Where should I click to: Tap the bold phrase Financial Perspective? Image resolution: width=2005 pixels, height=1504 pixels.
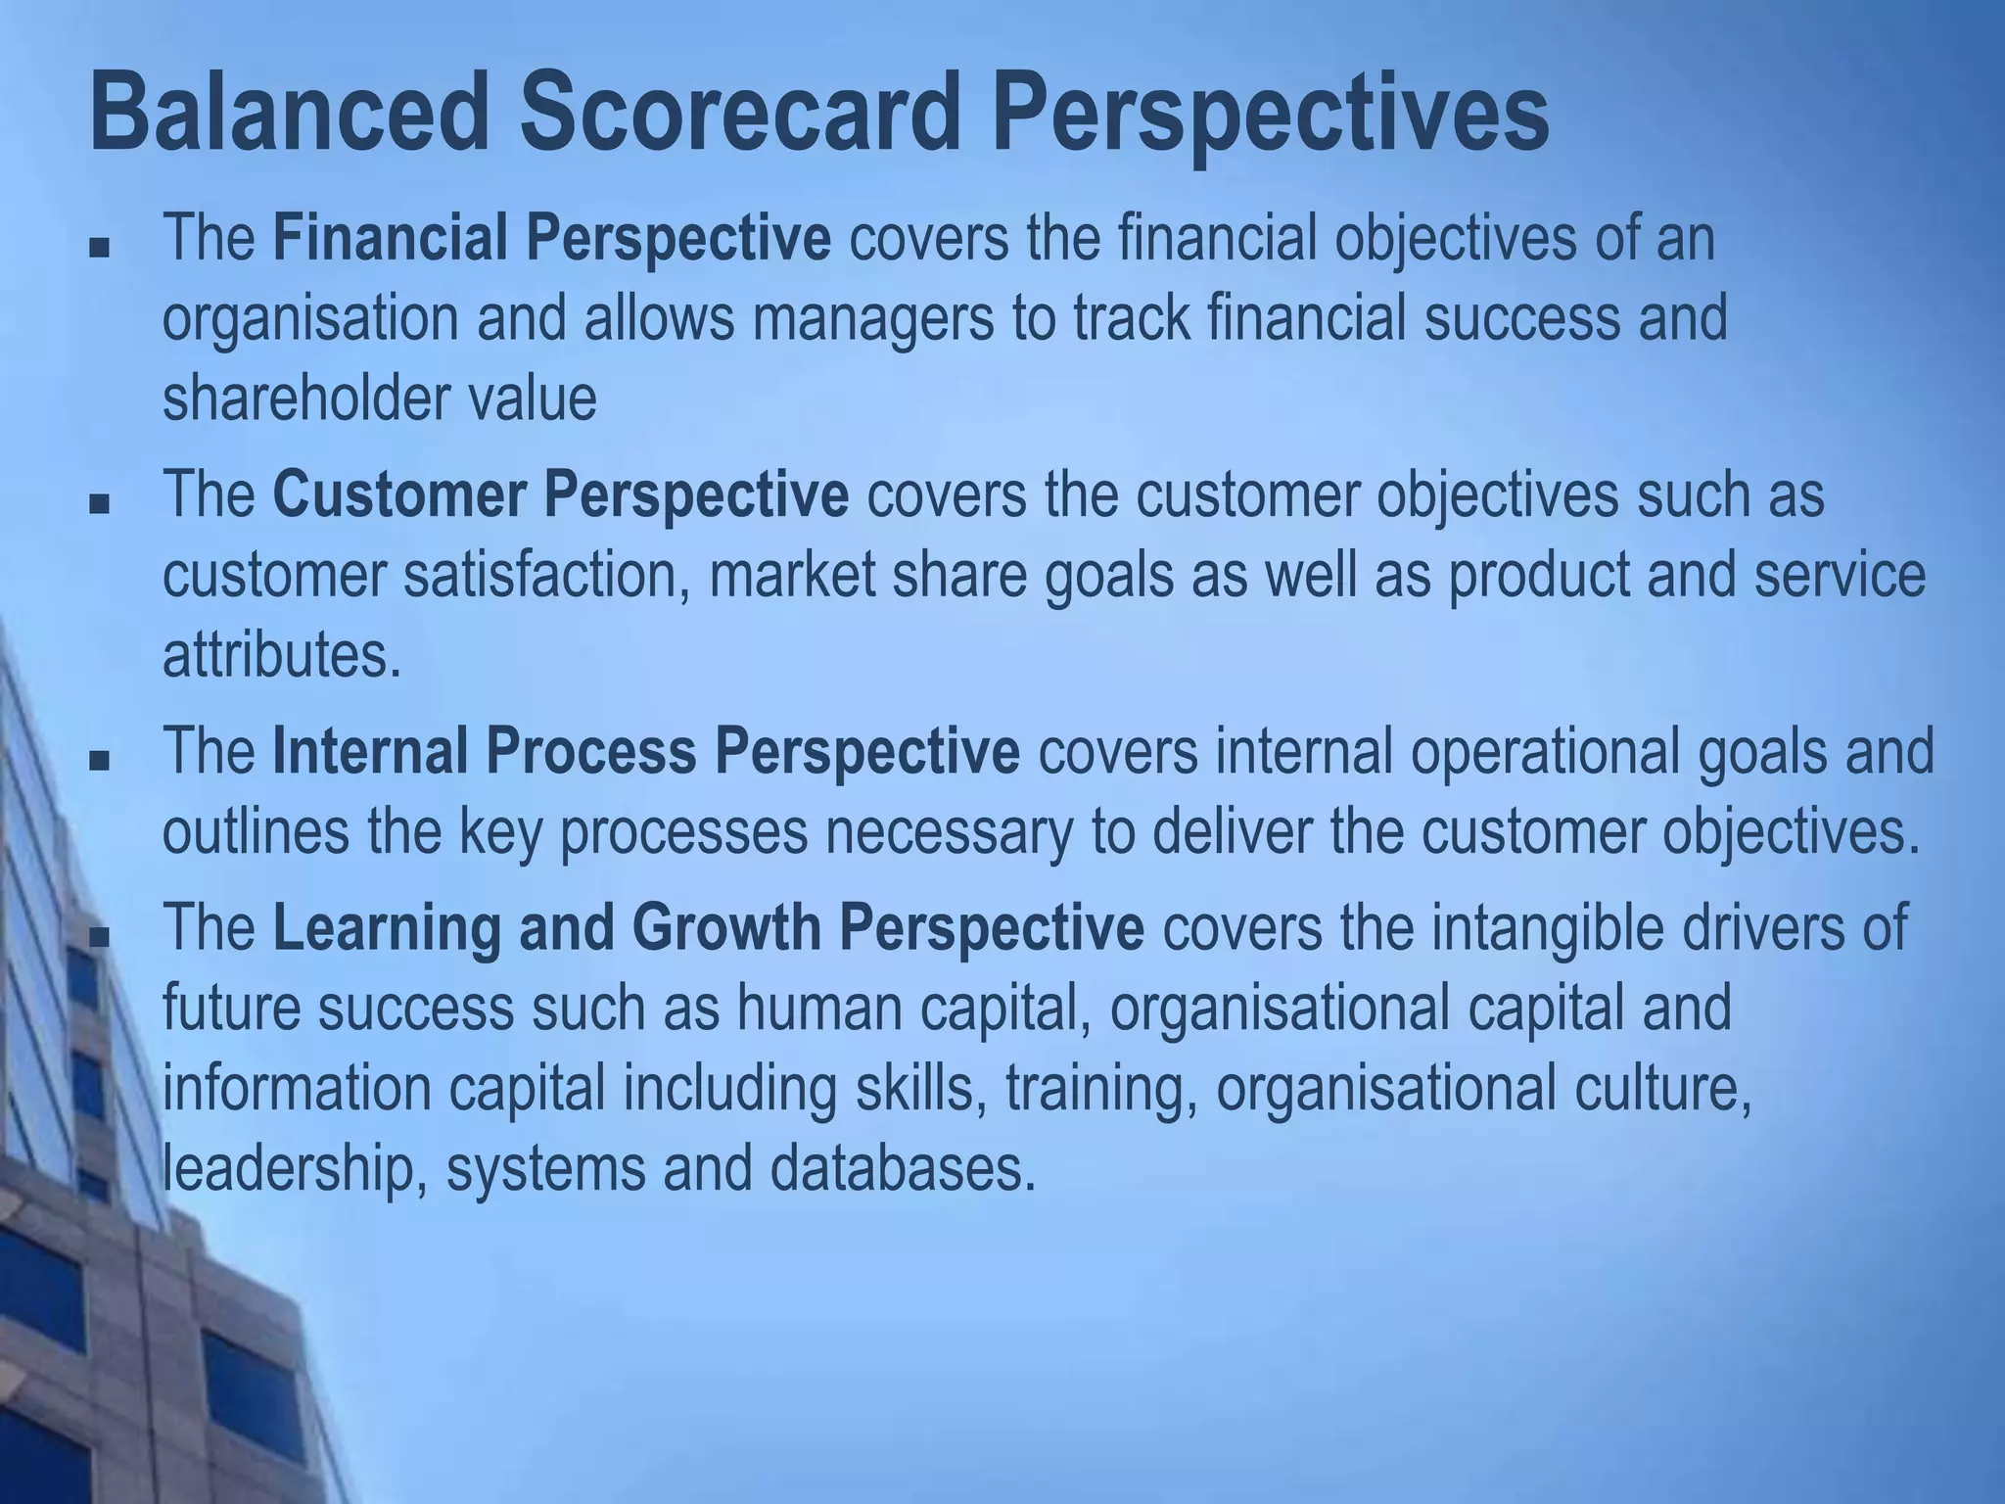(551, 238)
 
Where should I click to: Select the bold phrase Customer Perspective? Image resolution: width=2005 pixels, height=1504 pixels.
(560, 493)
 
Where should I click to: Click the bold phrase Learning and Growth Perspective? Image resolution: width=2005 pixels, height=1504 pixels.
(708, 927)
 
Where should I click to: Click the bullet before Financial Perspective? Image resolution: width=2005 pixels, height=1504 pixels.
(98, 248)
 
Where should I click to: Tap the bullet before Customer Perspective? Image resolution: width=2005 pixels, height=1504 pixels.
(98, 503)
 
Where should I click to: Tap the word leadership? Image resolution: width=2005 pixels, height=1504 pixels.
(286, 1168)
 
